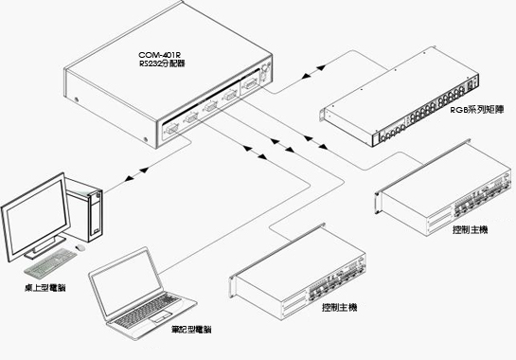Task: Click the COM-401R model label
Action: pos(160,55)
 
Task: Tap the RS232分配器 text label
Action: pos(162,63)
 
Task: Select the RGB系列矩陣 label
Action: pos(477,110)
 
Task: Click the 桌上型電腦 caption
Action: pos(45,288)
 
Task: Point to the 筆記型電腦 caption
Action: pos(191,330)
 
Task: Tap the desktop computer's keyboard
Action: pos(50,262)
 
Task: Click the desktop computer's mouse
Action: pos(80,247)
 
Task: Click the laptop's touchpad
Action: pos(161,316)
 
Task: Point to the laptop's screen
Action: pos(126,283)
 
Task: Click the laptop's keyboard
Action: pos(148,310)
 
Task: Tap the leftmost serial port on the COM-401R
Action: pos(170,129)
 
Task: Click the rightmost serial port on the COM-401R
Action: pos(251,84)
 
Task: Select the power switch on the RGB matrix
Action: pos(472,84)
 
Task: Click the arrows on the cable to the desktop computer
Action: pos(136,174)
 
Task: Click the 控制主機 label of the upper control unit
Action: pos(470,229)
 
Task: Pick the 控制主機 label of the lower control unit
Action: pos(339,307)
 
